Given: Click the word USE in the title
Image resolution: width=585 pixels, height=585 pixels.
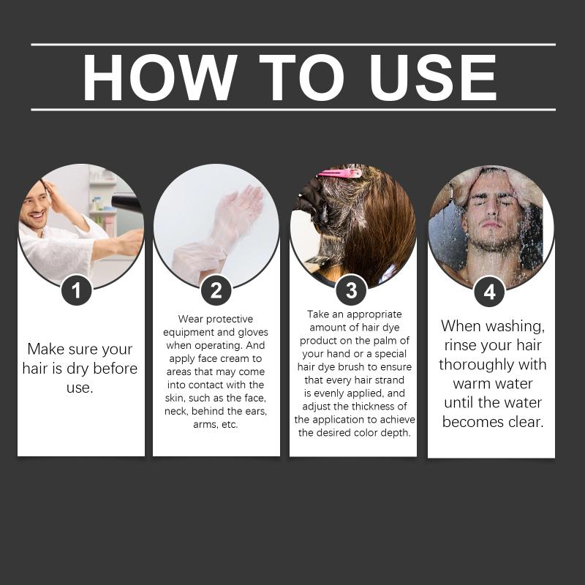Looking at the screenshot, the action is click(x=432, y=78).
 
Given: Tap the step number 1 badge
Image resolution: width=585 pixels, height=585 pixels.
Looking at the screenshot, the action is click(x=77, y=290).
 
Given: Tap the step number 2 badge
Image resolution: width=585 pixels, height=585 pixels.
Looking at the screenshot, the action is click(x=216, y=290).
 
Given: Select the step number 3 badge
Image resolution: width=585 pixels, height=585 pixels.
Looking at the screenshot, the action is click(x=351, y=290).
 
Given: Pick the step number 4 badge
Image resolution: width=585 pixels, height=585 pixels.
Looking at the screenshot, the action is click(x=489, y=292).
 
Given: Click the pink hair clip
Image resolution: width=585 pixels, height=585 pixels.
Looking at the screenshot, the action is click(x=339, y=173).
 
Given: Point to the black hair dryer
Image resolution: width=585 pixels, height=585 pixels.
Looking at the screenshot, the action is click(x=126, y=203).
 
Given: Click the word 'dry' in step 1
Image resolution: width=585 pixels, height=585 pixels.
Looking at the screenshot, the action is click(x=78, y=369).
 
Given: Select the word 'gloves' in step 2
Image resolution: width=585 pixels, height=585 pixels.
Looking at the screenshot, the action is click(x=253, y=333).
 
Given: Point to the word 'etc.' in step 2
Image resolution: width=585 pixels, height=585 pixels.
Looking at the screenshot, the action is click(x=230, y=424).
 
